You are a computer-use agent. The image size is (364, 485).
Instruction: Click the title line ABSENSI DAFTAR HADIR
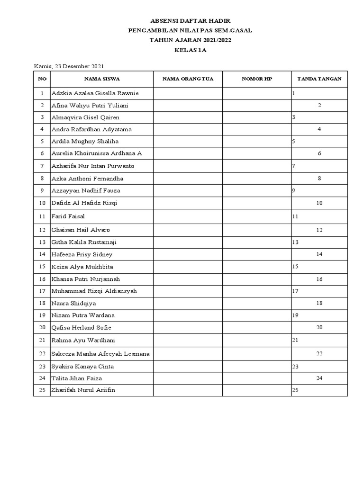[190, 21]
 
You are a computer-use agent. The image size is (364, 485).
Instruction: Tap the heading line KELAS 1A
[190, 49]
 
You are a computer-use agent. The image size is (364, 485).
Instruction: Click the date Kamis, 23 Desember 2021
[69, 66]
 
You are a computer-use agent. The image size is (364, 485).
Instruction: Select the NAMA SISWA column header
[102, 79]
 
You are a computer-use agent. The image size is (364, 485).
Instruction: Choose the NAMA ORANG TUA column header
[188, 79]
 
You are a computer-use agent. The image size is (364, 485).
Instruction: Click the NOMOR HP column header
[257, 79]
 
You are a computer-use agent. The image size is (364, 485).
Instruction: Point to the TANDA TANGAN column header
[319, 79]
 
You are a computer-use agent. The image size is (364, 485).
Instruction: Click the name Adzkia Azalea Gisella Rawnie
[95, 93]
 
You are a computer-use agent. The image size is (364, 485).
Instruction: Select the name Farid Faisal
[68, 216]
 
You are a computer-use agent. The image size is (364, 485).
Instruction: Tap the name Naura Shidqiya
[73, 303]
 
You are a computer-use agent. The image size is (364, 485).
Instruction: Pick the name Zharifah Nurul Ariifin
[83, 390]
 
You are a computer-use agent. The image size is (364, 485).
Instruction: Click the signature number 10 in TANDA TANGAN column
[319, 203]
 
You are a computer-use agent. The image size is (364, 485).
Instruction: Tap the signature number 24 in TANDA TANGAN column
[319, 378]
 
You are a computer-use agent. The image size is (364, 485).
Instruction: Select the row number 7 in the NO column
[42, 166]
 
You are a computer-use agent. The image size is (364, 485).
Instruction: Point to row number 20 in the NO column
[42, 328]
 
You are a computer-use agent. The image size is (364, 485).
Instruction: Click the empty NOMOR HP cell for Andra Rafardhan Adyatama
[257, 129]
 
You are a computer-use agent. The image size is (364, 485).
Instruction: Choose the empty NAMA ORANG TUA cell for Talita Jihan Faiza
[188, 378]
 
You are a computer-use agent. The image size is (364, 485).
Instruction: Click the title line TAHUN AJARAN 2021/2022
[190, 40]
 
